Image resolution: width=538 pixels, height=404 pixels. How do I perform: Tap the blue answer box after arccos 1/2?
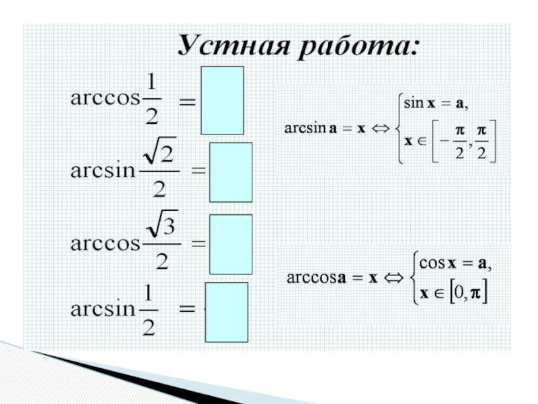pos(223,100)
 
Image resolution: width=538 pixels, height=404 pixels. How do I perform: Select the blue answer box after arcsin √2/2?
pos(231,172)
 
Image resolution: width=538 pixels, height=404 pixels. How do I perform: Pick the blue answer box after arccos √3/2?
pos(231,244)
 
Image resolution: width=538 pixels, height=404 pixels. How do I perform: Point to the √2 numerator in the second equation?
pos(160,158)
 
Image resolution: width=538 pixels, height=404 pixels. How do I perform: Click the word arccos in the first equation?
pos(104,98)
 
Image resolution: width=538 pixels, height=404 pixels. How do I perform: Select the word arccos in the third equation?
pos(104,243)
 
